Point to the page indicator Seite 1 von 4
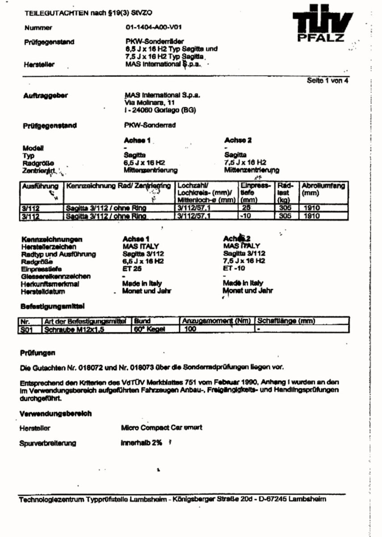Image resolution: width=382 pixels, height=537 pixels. point(327,81)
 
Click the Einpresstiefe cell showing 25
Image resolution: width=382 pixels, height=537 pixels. point(246,208)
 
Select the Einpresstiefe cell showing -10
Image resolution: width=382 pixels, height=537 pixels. point(246,216)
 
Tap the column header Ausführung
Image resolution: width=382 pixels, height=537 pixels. point(40,185)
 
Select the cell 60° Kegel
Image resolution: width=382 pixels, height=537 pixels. point(150,329)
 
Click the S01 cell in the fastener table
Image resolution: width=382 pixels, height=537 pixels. point(27,329)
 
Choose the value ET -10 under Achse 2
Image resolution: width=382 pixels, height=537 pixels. point(234,268)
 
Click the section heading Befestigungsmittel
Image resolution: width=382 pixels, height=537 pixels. point(53,307)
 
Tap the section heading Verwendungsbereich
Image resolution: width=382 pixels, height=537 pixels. point(55,413)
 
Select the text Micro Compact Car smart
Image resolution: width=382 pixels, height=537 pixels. point(161,427)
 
